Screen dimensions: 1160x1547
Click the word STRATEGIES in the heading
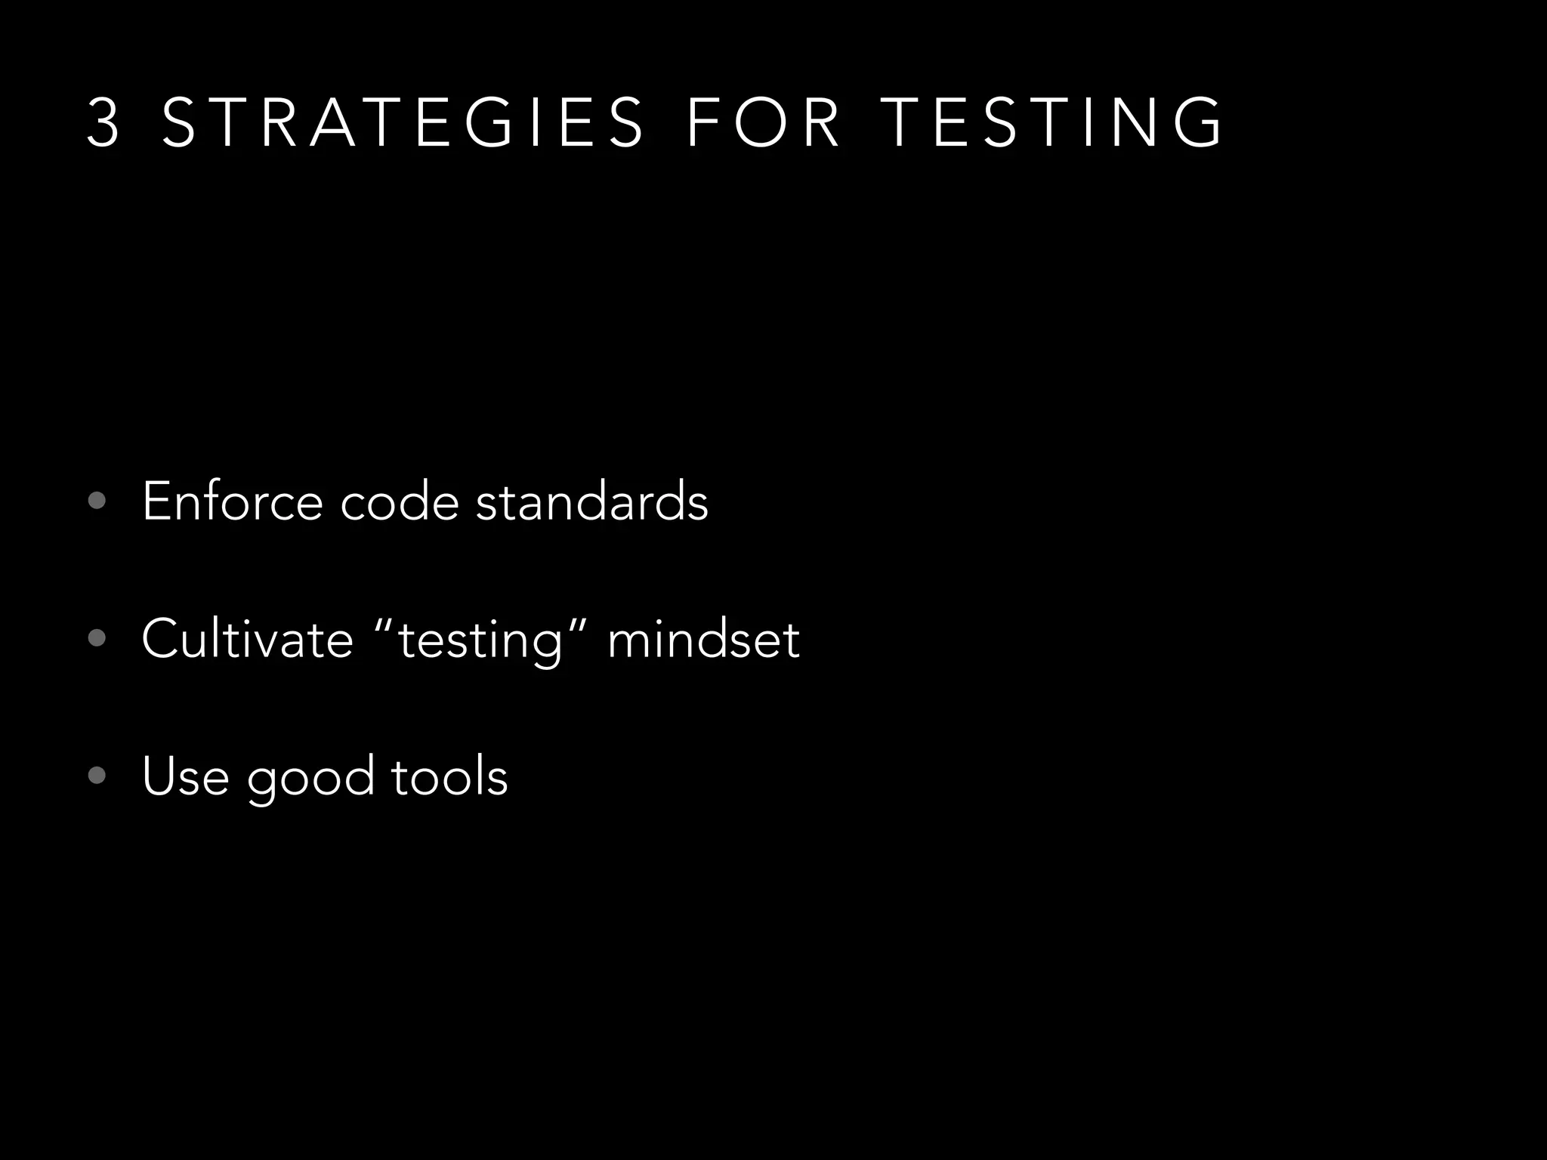403,123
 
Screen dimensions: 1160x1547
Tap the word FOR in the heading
763,123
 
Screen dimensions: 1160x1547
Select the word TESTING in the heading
1051,123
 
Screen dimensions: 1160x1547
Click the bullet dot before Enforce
97,501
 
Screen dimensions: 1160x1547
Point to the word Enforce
232,501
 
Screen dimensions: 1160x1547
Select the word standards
592,501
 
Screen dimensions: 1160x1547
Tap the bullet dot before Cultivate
97,638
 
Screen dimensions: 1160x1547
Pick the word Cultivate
247,639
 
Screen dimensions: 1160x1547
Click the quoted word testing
480,642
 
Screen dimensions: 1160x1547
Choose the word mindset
703,639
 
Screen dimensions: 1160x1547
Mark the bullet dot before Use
97,776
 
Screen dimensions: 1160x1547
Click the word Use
185,776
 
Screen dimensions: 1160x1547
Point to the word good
310,779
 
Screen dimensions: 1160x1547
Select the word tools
449,776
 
